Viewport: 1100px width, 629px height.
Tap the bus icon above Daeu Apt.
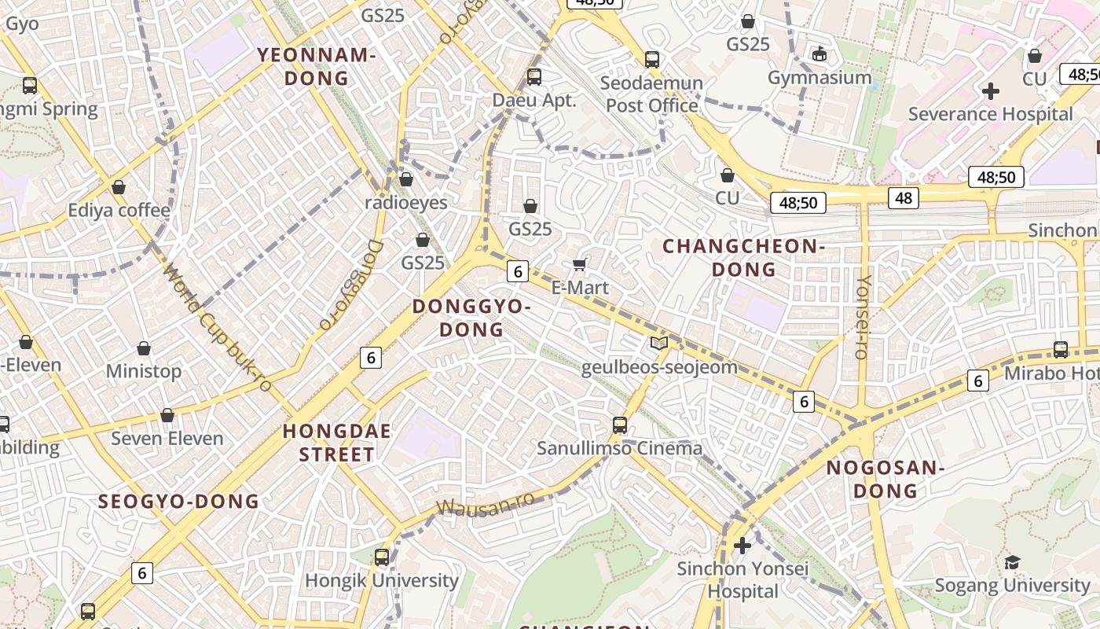(534, 76)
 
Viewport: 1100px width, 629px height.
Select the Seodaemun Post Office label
(651, 94)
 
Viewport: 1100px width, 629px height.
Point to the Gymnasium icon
(819, 53)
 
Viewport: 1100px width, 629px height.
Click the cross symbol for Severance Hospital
(991, 91)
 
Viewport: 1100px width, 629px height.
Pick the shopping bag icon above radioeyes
(406, 179)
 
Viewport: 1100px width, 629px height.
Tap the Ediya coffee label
(119, 210)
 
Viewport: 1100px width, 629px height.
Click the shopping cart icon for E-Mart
(580, 264)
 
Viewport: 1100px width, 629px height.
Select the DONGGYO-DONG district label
(471, 317)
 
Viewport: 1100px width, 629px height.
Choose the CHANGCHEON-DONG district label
(743, 258)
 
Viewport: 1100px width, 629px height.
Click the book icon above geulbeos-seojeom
(659, 343)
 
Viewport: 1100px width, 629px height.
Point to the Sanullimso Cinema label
(619, 448)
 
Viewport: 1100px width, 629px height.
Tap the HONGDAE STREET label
(337, 443)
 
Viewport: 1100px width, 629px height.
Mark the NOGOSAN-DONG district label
(885, 479)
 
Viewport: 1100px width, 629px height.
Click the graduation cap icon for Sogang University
(1012, 562)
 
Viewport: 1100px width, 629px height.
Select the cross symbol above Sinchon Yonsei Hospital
(742, 545)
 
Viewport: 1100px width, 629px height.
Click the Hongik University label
(382, 580)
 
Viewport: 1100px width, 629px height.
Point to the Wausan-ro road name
(486, 505)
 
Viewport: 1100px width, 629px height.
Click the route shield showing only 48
(904, 198)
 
